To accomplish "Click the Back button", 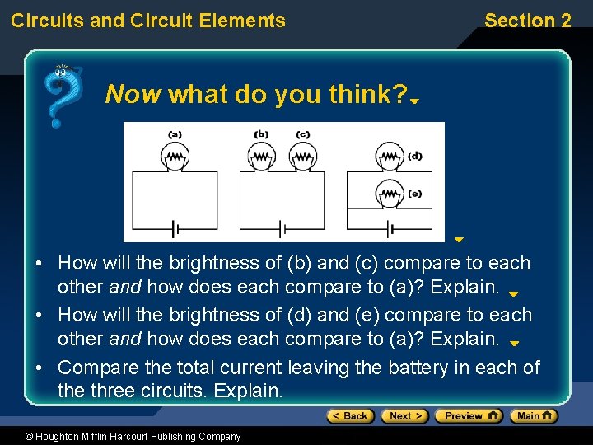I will point(351,416).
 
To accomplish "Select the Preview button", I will point(469,416).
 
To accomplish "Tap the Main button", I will point(534,416).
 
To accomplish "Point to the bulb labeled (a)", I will point(174,156).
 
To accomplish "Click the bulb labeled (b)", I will point(261,156).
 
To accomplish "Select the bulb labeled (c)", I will point(302,156).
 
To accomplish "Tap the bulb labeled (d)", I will point(388,156).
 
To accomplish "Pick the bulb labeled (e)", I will point(388,194).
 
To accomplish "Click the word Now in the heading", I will point(133,95).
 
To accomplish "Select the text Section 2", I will point(527,21).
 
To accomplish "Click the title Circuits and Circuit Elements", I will point(148,21).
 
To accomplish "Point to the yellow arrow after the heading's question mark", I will point(416,101).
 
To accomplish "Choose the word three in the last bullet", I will point(119,390).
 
